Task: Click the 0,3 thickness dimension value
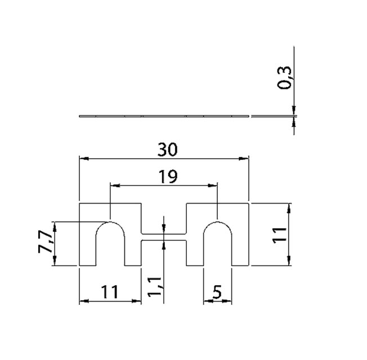[285, 77]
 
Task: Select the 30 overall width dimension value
[167, 150]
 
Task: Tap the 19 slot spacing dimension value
[167, 177]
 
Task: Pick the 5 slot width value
[217, 292]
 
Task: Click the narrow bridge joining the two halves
[163, 237]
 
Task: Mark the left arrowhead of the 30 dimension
[83, 159]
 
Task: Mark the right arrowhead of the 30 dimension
[245, 159]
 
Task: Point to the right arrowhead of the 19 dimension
[213, 184]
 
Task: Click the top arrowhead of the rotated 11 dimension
[289, 207]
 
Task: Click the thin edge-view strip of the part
[163, 116]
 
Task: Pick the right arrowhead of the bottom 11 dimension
[137, 301]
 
